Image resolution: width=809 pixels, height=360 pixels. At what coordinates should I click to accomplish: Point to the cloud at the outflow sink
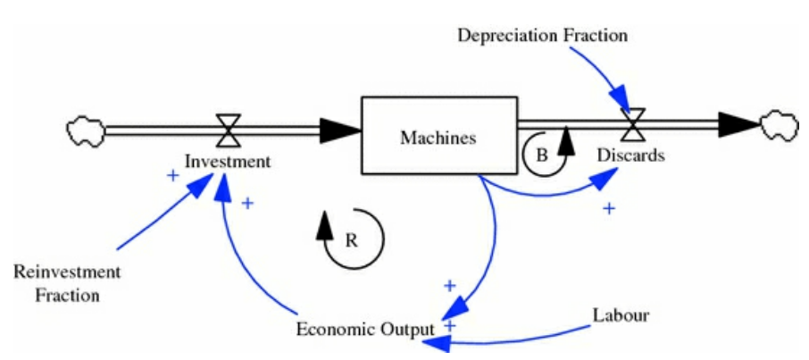tap(779, 124)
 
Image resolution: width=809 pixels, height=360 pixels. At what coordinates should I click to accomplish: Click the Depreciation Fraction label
tap(542, 36)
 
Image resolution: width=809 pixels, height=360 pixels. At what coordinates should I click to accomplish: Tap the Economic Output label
tap(366, 329)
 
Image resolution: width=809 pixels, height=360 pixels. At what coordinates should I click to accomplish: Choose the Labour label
tap(621, 315)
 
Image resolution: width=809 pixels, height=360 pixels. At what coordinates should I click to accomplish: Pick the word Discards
tap(631, 155)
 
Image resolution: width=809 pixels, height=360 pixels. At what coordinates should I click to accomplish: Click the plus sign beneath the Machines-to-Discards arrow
tap(609, 208)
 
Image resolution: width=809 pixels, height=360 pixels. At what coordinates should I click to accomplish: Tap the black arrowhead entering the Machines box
tap(344, 131)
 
